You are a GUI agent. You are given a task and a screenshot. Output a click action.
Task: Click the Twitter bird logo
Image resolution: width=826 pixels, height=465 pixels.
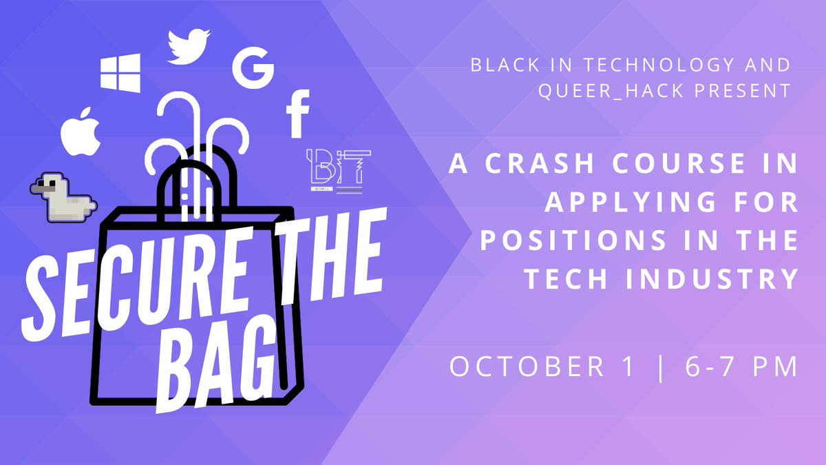pyautogui.click(x=189, y=46)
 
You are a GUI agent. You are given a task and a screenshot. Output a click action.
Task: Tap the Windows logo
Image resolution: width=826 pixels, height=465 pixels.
pyautogui.click(x=120, y=72)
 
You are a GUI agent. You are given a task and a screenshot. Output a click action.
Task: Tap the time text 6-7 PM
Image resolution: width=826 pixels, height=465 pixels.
pyautogui.click(x=741, y=366)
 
